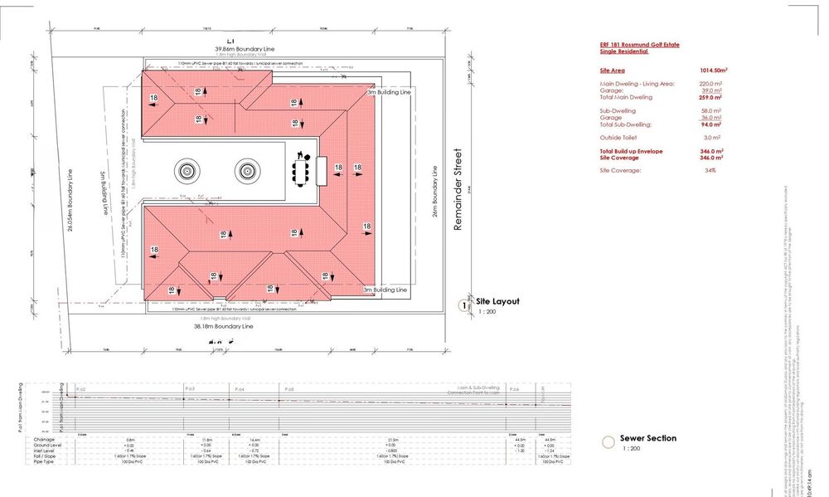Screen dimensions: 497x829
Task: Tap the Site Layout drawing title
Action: click(497, 301)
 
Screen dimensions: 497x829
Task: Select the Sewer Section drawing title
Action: click(647, 438)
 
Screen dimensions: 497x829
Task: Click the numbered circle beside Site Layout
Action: click(463, 305)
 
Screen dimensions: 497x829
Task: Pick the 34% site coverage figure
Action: click(710, 169)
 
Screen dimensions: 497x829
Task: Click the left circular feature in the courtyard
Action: click(186, 171)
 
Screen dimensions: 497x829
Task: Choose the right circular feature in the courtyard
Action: click(246, 171)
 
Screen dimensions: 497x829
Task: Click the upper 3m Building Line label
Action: click(389, 93)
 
